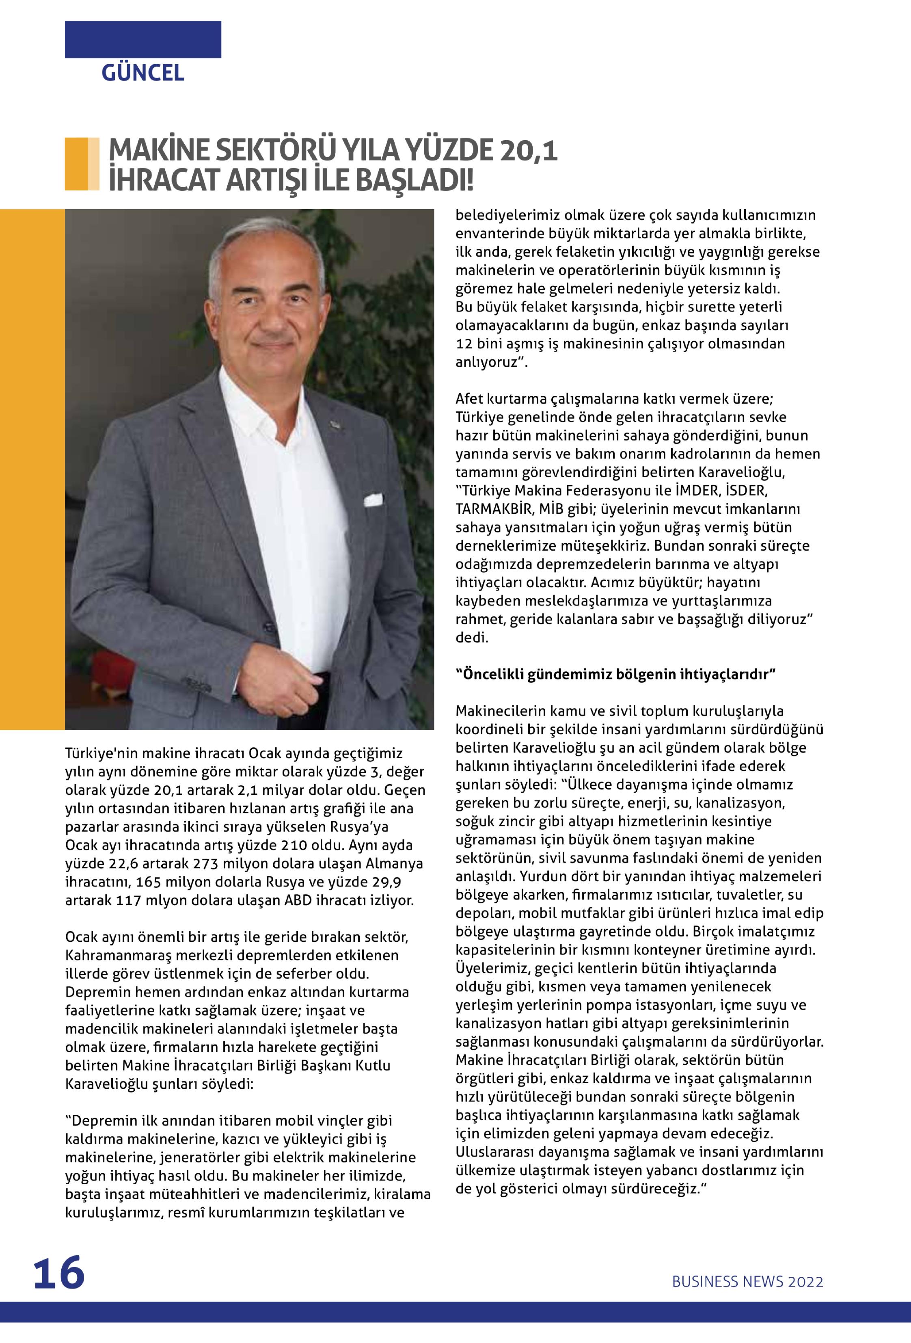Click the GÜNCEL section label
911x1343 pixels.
click(142, 73)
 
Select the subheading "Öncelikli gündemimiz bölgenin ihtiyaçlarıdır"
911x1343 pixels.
click(615, 675)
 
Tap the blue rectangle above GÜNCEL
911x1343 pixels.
click(142, 39)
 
